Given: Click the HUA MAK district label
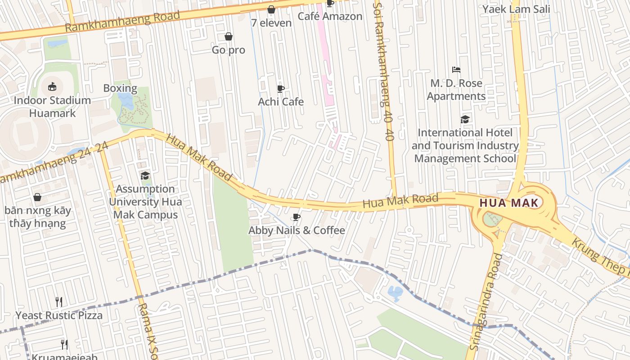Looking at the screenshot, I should tap(509, 203).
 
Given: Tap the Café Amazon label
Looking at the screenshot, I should tap(330, 16).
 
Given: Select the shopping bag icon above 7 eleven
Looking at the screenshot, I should tap(271, 9).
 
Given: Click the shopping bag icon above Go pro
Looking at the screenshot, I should tap(229, 36).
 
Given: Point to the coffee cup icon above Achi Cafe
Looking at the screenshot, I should tap(281, 88).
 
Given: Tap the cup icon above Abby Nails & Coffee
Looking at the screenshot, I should tap(297, 217).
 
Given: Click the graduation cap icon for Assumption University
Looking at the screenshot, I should tap(145, 175).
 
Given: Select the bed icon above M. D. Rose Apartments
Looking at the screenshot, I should tap(456, 70).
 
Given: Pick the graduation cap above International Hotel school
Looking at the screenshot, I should tap(465, 119).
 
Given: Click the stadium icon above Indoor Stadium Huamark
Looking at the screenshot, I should tap(52, 86).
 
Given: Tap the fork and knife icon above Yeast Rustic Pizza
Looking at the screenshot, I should tap(59, 301).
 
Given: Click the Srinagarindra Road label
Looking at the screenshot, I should tap(486, 301).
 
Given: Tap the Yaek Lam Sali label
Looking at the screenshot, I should tap(516, 9).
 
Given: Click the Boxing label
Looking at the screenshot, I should tap(120, 88).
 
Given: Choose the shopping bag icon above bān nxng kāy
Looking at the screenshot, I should tap(37, 197).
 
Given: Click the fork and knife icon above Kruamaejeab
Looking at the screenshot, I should tap(64, 345).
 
